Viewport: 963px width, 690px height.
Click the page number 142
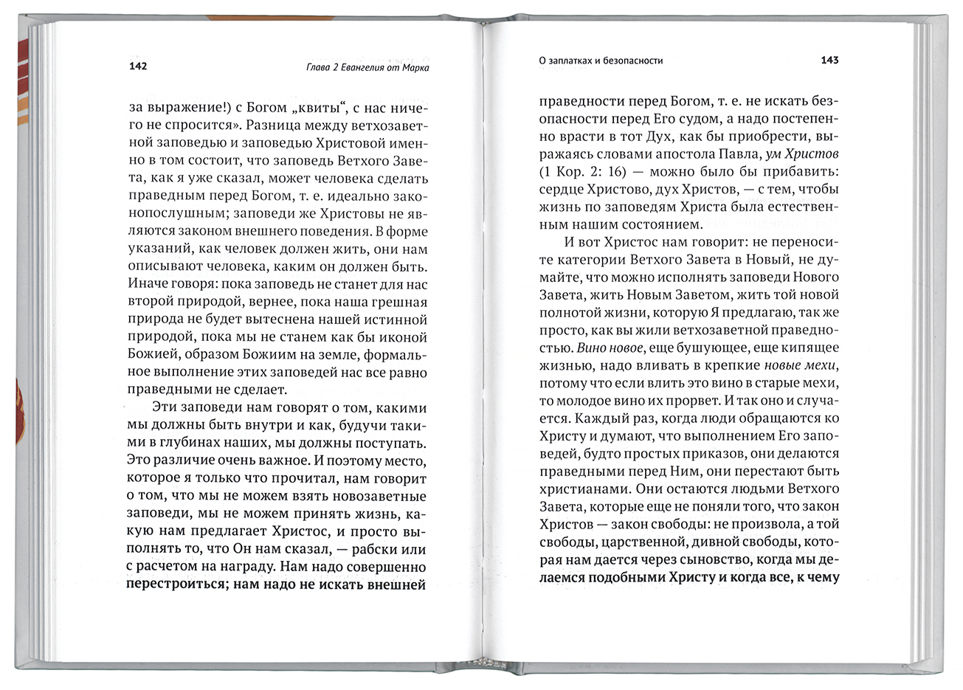point(138,67)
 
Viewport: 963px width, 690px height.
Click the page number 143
point(829,61)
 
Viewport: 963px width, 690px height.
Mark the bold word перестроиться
point(175,585)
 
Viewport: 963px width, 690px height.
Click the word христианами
point(581,489)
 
